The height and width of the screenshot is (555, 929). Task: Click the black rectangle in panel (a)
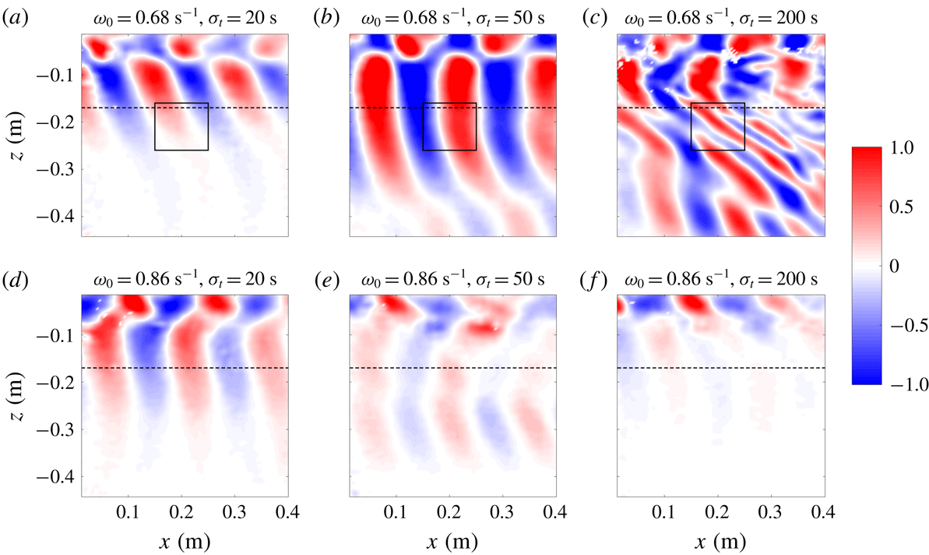click(181, 126)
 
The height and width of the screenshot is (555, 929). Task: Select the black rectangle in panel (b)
click(449, 126)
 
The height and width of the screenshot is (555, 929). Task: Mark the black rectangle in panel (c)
click(718, 126)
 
